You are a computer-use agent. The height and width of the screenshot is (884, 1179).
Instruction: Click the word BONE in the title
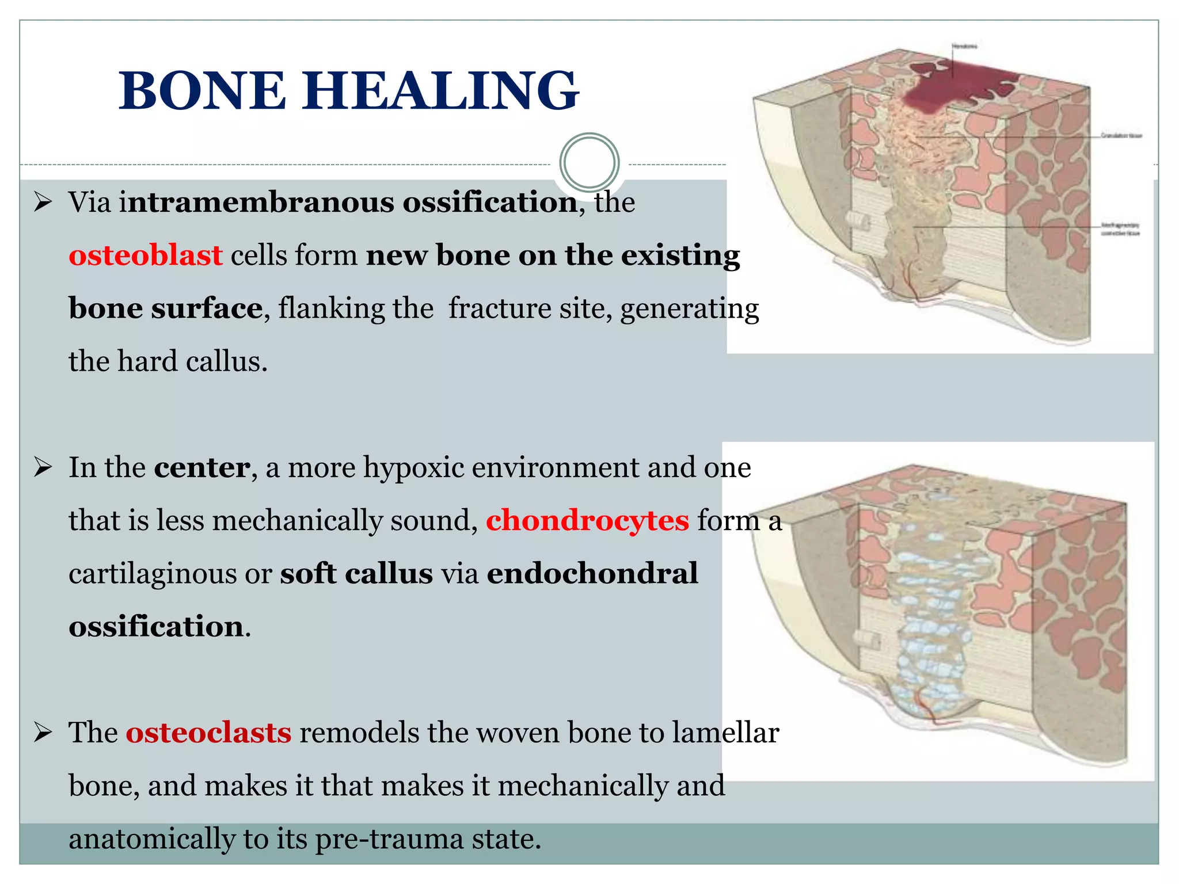point(201,90)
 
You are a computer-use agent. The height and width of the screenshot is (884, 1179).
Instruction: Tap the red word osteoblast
point(145,255)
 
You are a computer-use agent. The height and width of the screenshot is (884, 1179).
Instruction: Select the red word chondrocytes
point(587,520)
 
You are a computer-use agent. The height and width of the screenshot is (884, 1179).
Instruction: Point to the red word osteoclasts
point(208,733)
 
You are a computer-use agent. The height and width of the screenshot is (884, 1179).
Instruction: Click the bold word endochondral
point(592,573)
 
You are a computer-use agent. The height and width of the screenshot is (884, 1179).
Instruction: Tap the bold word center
point(202,467)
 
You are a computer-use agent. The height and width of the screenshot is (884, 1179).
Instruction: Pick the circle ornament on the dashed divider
point(589,163)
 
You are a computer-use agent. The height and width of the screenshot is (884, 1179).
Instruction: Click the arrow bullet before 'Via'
point(43,203)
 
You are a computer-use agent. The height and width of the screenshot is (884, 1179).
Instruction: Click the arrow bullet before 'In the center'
point(43,467)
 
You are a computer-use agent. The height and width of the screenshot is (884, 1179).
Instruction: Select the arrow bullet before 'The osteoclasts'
point(43,733)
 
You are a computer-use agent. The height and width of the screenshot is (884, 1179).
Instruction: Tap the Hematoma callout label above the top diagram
point(964,46)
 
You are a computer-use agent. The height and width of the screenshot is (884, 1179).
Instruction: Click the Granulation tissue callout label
point(1121,136)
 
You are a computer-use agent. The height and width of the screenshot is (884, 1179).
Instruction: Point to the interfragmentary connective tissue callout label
point(1120,229)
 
